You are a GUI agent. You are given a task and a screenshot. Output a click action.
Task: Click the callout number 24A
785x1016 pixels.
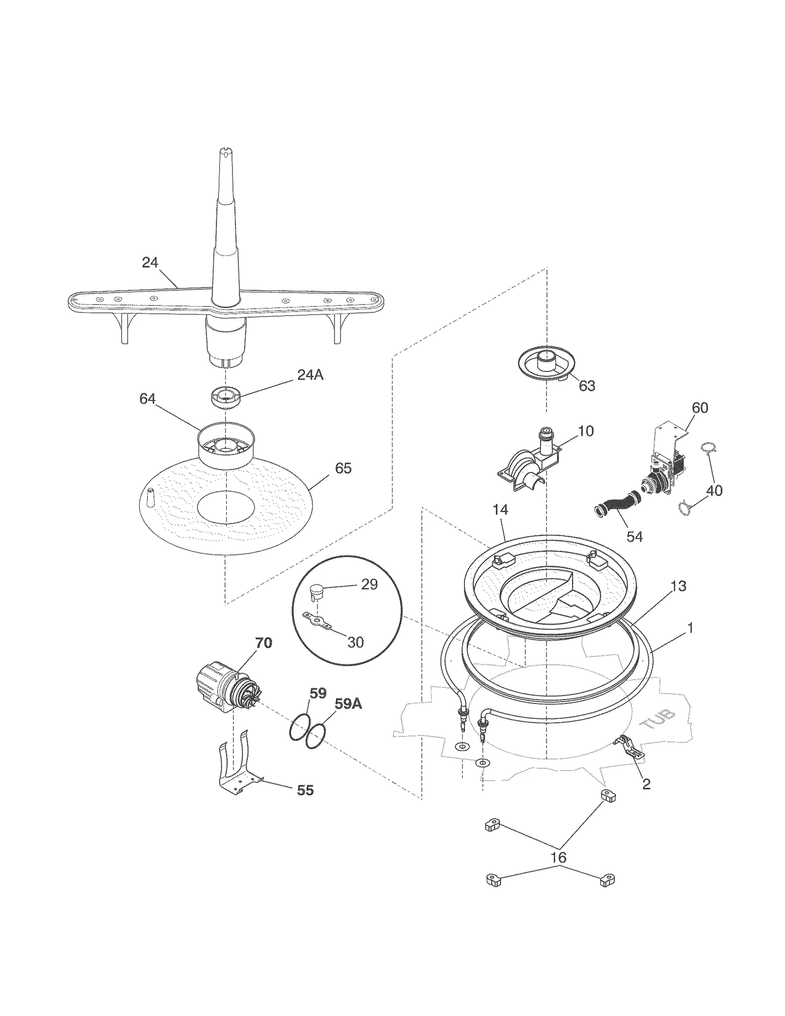310,375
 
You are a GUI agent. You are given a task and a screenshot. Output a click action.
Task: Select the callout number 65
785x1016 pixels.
343,468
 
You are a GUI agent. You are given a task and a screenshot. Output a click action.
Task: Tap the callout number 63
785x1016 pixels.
587,386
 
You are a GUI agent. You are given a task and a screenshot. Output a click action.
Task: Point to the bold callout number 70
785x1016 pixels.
263,642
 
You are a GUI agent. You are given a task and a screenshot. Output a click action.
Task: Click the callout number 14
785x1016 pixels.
500,510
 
